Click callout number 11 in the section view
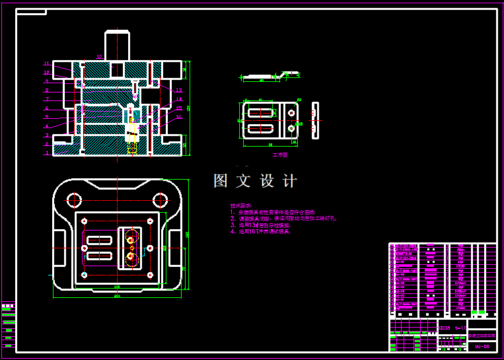[46, 63]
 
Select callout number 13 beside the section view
[179, 90]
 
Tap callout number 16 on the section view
[179, 117]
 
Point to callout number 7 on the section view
[47, 99]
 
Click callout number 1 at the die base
[47, 153]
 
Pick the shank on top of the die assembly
[116, 45]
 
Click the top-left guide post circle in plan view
[73, 199]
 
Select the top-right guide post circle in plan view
[160, 199]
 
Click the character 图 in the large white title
[221, 181]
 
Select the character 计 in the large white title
[289, 181]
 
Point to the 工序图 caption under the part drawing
[280, 155]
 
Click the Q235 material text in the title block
[445, 328]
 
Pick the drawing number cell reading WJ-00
[482, 345]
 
